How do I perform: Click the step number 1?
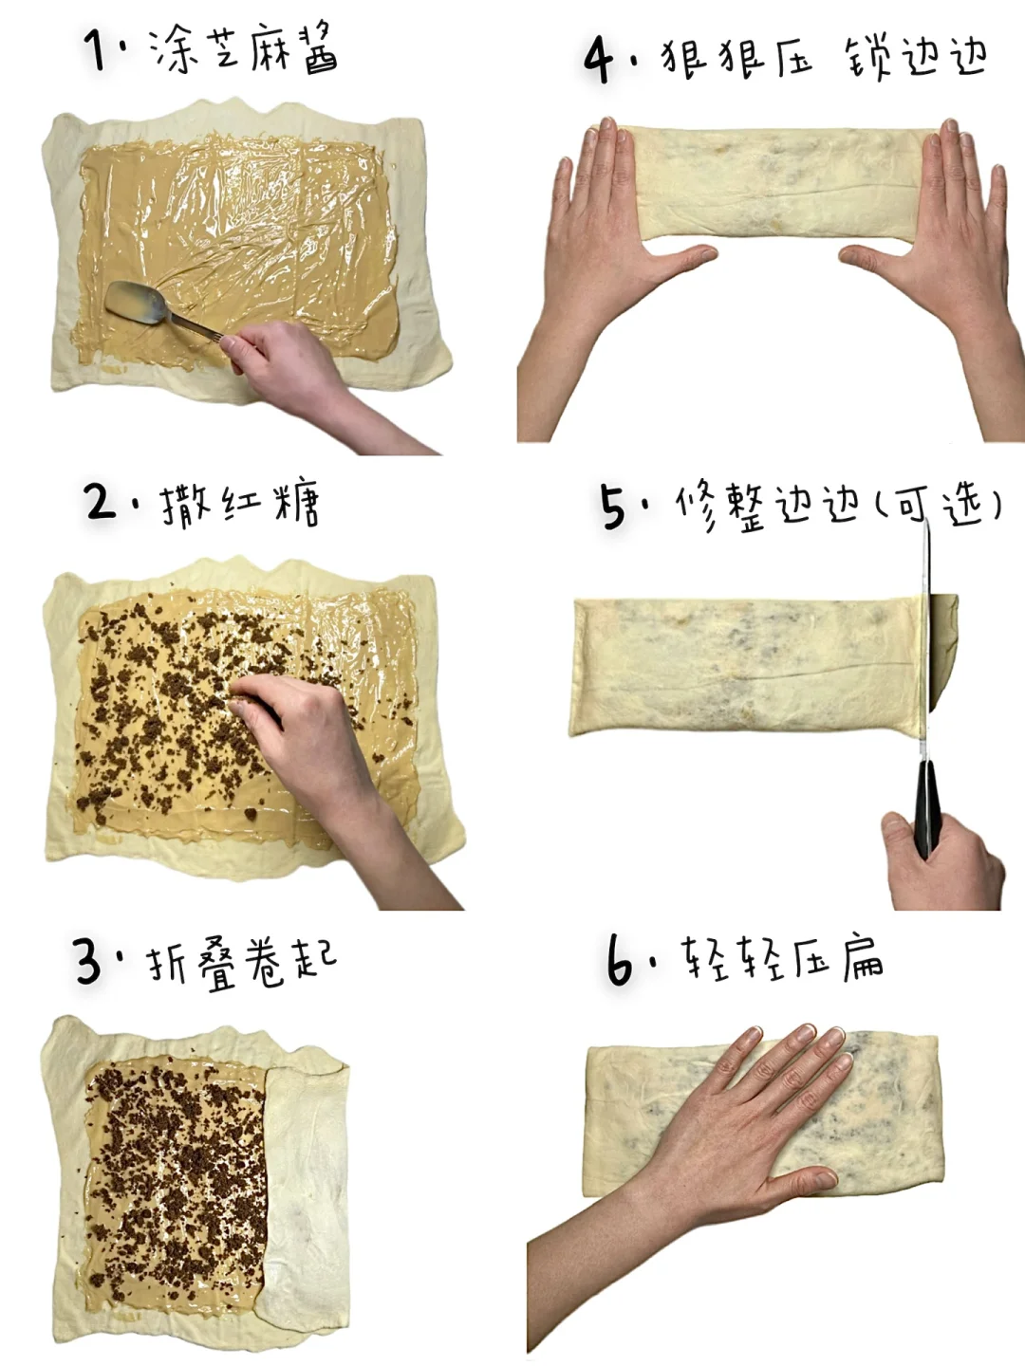[96, 49]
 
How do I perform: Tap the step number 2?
[101, 503]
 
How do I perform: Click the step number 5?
[615, 508]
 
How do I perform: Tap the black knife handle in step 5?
[926, 809]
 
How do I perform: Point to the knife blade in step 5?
[925, 641]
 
